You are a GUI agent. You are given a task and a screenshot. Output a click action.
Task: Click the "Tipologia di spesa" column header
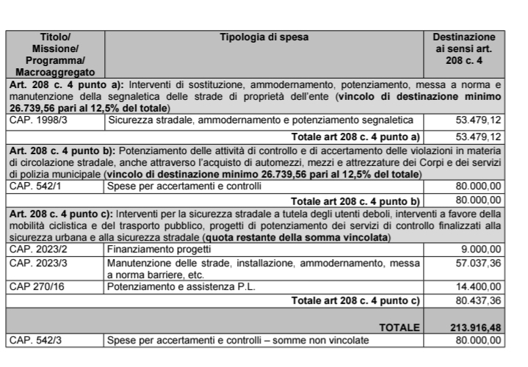[x=264, y=37]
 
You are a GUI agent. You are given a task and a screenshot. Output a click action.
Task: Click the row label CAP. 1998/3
[x=37, y=120]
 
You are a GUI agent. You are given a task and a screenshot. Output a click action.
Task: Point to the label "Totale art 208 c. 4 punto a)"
[x=355, y=137]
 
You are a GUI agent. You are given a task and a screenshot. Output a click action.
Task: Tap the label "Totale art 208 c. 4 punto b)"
[x=355, y=200]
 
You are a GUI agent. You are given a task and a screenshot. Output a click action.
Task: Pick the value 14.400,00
[x=478, y=286]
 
